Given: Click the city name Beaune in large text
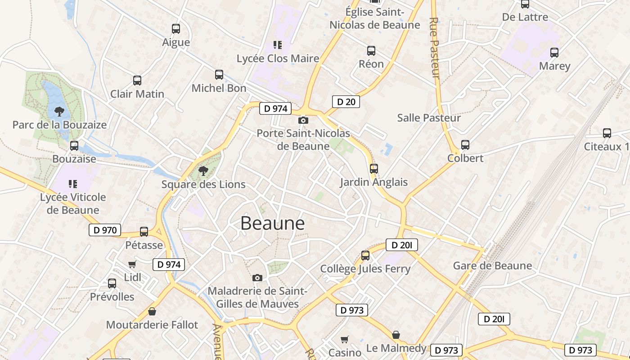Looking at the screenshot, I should click(x=272, y=223).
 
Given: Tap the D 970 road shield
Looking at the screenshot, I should click(x=105, y=230).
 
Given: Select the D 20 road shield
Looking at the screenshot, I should click(x=346, y=102).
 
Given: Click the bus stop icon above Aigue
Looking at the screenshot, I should click(x=176, y=29).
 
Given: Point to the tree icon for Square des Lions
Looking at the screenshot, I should click(x=203, y=171).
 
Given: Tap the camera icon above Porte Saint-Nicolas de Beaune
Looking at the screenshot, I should click(x=303, y=120).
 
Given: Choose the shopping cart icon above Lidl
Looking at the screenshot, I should click(x=132, y=264).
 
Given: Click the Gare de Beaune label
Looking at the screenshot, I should click(x=492, y=265).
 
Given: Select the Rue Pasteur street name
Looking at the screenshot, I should click(x=435, y=48).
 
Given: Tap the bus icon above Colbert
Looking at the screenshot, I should click(x=465, y=145).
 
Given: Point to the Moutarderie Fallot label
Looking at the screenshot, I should click(x=152, y=324).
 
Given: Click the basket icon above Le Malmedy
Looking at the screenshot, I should click(x=396, y=335).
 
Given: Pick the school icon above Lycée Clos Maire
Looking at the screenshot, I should click(x=278, y=45).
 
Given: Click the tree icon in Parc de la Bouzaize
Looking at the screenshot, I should click(x=59, y=111).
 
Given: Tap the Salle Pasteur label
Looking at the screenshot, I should click(x=429, y=118).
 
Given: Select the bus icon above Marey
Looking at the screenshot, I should click(x=554, y=53).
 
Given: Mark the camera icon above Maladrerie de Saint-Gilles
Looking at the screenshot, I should click(x=257, y=278).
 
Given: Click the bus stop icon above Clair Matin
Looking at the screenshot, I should click(x=137, y=81).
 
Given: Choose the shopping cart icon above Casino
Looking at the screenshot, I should click(x=345, y=339).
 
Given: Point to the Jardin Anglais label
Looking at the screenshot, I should click(x=373, y=182).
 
